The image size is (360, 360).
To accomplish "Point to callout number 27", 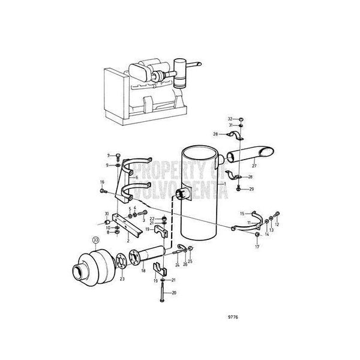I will pos(254,166).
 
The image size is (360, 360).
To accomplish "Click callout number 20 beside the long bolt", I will pos(175,293).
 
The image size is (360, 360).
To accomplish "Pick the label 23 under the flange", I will pos(122,278).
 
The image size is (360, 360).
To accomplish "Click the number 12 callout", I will pos(278,224).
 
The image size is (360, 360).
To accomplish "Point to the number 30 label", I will pos(106,214).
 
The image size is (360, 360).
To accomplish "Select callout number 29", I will pos(251,189).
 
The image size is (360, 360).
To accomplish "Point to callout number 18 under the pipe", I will pos(143,271).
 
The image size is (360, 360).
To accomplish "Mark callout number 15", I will pos(242,213).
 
